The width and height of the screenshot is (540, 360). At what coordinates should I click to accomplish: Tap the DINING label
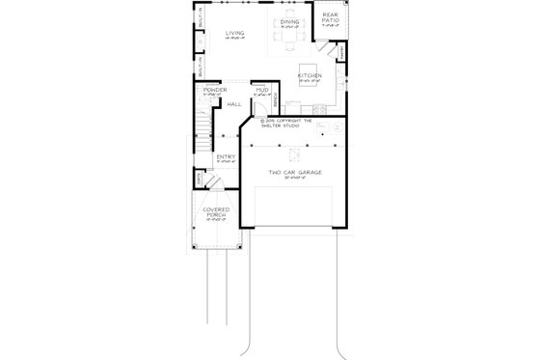(288, 20)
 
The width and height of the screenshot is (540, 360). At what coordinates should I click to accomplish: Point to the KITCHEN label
(310, 74)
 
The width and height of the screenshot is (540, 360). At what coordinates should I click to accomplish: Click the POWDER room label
(214, 90)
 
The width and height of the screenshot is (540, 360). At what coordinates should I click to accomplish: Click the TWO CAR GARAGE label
(295, 173)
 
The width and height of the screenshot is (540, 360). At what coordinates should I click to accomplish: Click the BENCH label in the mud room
(276, 98)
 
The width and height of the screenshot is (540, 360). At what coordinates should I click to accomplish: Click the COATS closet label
(198, 180)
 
